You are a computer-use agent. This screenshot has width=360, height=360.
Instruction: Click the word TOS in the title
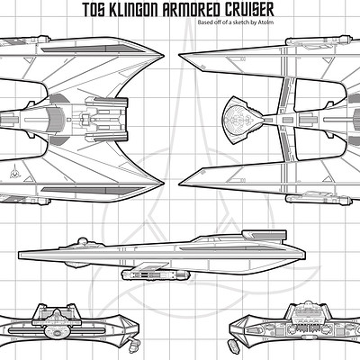[93, 10]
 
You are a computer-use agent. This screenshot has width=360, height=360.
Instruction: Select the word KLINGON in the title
[133, 10]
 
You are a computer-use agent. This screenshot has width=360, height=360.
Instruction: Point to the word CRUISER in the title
[247, 10]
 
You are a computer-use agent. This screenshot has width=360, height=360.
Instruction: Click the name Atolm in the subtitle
[267, 22]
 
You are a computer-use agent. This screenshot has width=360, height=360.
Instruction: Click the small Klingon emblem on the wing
[13, 172]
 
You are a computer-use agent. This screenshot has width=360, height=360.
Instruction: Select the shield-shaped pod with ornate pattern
[243, 120]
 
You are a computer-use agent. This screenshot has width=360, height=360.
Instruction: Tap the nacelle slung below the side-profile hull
[156, 274]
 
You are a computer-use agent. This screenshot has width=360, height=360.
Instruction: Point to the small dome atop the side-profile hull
[82, 241]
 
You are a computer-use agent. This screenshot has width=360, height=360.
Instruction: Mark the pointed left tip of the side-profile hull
[19, 256]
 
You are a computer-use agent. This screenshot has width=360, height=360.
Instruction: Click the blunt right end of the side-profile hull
[304, 255]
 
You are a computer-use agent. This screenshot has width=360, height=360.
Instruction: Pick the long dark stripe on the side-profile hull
[227, 248]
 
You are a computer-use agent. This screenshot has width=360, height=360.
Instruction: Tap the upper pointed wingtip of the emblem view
[163, 56]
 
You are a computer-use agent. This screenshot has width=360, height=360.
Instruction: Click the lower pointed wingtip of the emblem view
[163, 184]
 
